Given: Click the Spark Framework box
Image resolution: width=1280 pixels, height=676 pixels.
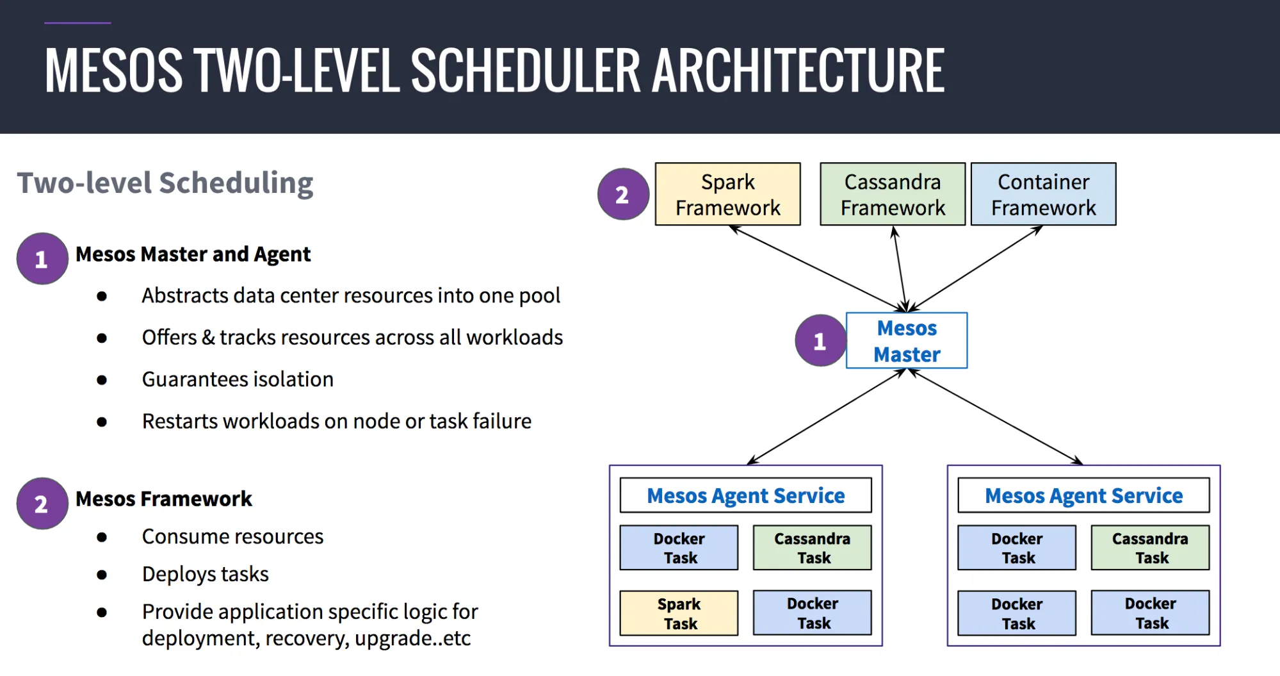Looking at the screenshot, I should pos(727,194).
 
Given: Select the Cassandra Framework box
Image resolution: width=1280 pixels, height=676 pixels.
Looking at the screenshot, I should pos(892,194).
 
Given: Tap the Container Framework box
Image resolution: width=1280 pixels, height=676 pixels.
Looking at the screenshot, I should pos(1043,194).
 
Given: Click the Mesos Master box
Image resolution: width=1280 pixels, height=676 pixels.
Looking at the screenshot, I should pos(906,340).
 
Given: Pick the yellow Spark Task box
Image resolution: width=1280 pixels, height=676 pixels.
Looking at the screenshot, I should pos(679,613).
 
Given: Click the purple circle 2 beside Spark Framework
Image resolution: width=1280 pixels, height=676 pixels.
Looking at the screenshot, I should pos(622,194).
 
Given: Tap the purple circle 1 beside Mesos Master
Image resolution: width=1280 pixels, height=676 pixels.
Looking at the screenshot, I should pos(820,341).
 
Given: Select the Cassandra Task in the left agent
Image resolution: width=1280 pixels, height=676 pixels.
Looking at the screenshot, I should pos(812,548).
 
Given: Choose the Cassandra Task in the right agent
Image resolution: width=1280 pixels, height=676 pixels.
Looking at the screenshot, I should pos(1150,548).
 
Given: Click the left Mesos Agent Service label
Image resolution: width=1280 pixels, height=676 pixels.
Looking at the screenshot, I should pos(745,495).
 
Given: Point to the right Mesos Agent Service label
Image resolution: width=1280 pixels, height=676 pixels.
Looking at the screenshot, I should pos(1083,495).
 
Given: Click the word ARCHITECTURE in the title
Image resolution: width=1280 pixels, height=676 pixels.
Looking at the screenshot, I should pos(798,70).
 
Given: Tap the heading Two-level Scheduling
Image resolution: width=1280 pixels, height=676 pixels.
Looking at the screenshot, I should pos(165,183).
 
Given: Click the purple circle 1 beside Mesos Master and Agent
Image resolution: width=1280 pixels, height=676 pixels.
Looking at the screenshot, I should pos(42,259).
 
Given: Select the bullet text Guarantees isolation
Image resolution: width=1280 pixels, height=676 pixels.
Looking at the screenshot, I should pos(238,379).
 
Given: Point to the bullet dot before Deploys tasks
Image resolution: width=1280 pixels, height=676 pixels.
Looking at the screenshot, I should pos(102,575).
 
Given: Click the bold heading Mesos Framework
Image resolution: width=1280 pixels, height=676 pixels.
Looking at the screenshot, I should pos(164,499).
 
